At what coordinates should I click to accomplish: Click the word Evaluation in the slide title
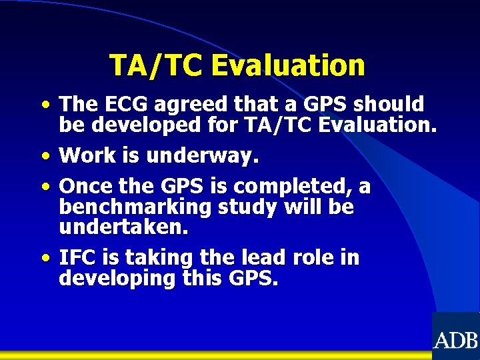click(288, 65)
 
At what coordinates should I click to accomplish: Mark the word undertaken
click(123, 227)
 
